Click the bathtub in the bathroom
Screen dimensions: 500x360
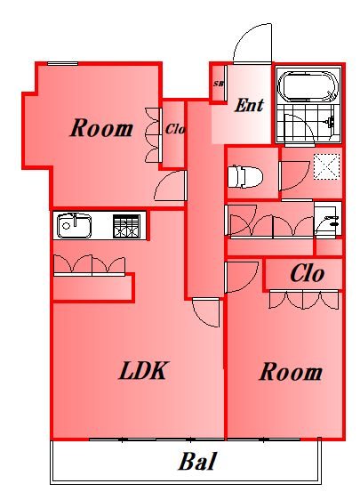click(x=308, y=86)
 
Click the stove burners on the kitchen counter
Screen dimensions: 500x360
click(x=126, y=226)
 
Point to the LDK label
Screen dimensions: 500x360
click(x=144, y=371)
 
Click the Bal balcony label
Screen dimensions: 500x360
click(x=197, y=463)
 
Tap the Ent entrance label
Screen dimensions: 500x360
click(x=248, y=106)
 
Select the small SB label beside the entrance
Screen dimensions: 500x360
click(x=219, y=85)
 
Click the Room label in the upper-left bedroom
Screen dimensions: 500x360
click(x=100, y=128)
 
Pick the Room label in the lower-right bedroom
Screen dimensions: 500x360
click(x=290, y=372)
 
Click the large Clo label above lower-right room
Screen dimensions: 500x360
click(x=306, y=275)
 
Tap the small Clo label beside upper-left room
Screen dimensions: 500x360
click(x=174, y=129)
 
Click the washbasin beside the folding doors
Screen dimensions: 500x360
click(x=327, y=220)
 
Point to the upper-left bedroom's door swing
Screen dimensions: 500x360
click(x=169, y=188)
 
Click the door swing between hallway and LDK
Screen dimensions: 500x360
click(x=205, y=311)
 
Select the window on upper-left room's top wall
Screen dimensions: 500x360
click(x=62, y=63)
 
